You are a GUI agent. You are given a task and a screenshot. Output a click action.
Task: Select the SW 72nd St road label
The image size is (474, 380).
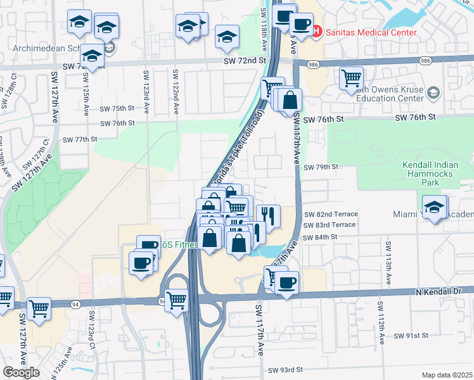244,60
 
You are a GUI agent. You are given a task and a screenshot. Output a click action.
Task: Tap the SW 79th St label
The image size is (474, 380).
322,167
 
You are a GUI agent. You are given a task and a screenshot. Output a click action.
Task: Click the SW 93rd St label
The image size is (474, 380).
286,370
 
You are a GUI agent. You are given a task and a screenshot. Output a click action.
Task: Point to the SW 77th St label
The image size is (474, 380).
79,139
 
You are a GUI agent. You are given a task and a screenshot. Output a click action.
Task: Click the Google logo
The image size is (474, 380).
21,372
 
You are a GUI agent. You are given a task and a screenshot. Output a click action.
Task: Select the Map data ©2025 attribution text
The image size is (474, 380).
447,375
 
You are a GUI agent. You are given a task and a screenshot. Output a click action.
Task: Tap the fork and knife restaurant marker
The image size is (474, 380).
269,215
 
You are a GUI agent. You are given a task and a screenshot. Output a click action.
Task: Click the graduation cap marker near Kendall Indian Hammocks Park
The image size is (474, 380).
435,207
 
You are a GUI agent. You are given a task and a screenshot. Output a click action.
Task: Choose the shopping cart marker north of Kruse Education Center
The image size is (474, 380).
351,79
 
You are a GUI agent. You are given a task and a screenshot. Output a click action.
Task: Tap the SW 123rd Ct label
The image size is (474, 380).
92,328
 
